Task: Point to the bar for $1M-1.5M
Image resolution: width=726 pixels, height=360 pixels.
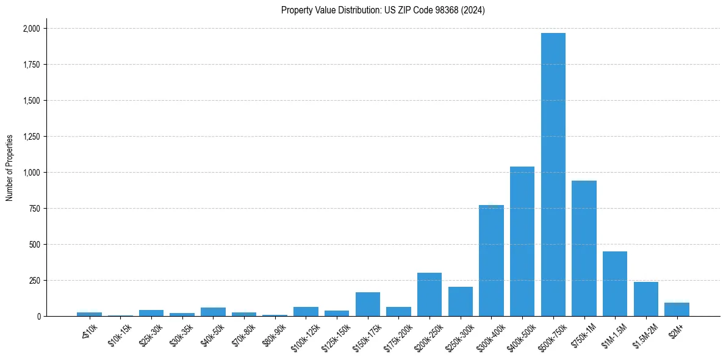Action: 614,284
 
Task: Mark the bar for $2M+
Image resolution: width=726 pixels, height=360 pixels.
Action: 677,309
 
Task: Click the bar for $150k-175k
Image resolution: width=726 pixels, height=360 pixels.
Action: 368,304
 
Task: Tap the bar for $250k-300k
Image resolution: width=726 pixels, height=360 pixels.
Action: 461,301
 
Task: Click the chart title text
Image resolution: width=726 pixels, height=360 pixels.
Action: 383,10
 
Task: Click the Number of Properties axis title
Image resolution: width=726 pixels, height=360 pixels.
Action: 10,167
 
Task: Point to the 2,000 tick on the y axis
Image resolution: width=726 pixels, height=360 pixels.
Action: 31,29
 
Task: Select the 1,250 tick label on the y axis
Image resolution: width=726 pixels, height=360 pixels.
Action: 31,137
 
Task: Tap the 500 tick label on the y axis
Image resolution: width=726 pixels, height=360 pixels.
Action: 35,245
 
